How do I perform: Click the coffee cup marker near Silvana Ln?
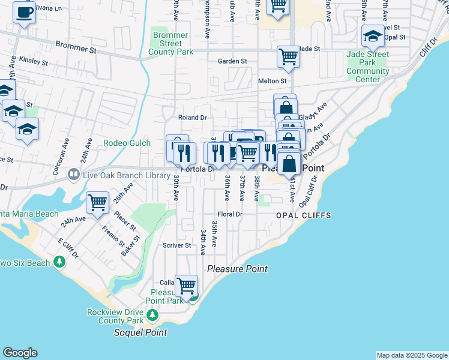tap(24, 12)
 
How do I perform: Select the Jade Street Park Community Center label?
tap(367, 67)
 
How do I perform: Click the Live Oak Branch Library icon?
tap(73, 175)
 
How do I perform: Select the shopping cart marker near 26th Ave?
tap(97, 202)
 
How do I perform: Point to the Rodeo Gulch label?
tap(124, 143)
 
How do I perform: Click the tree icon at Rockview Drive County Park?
tap(152, 314)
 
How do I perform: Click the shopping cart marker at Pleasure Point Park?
tap(187, 285)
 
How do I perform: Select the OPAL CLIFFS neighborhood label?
tap(304, 215)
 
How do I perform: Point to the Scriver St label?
tap(176, 245)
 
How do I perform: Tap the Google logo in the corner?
tap(20, 353)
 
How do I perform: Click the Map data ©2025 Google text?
tap(412, 355)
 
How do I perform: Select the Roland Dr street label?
tap(192, 118)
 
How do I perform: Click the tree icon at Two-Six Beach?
tap(59, 262)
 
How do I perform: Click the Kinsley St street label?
tap(33, 61)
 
